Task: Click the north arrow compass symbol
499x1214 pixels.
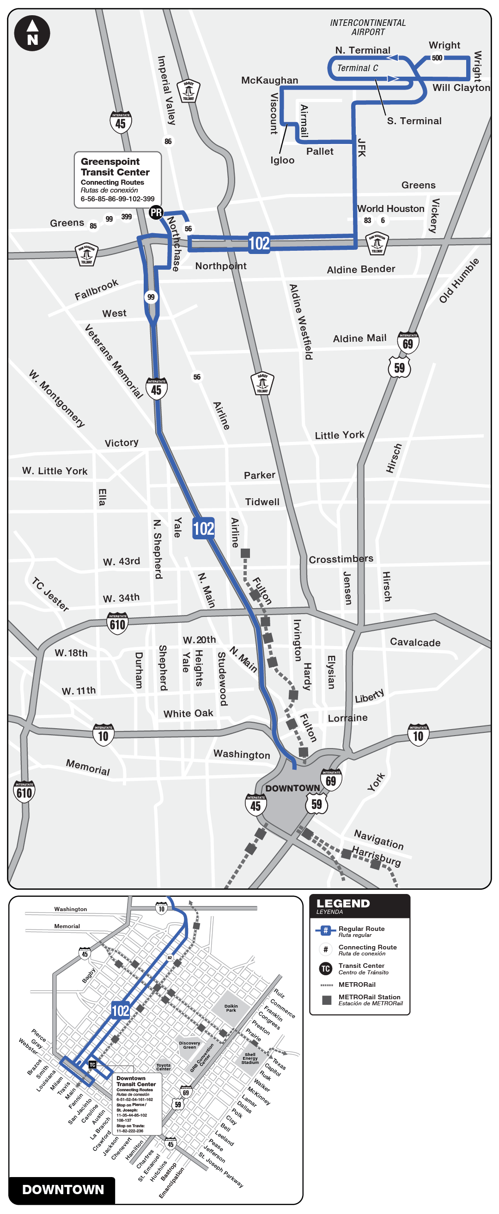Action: click(32, 33)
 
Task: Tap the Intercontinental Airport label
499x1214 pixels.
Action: click(368, 27)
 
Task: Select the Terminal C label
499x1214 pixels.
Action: click(357, 68)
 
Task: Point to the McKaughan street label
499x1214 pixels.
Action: click(269, 80)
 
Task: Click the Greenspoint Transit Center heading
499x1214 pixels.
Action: click(115, 167)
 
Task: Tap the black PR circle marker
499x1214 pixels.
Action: click(156, 212)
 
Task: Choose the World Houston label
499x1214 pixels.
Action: click(390, 208)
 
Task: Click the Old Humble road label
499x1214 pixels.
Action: click(458, 280)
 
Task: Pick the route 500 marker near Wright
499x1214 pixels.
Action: click(437, 58)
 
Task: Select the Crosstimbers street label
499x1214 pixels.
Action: click(341, 559)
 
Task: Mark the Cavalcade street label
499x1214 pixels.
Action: click(415, 642)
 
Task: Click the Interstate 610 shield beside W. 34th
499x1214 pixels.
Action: click(117, 623)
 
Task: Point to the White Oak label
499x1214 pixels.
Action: click(188, 713)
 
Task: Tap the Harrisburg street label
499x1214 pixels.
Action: click(377, 856)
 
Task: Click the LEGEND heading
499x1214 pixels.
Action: click(343, 903)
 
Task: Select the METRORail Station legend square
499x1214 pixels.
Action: click(326, 1000)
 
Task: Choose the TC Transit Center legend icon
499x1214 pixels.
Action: click(325, 969)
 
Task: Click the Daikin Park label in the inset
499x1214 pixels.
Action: click(231, 1008)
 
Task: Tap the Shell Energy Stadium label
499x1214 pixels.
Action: click(250, 1058)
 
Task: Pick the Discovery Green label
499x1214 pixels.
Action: click(189, 1045)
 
